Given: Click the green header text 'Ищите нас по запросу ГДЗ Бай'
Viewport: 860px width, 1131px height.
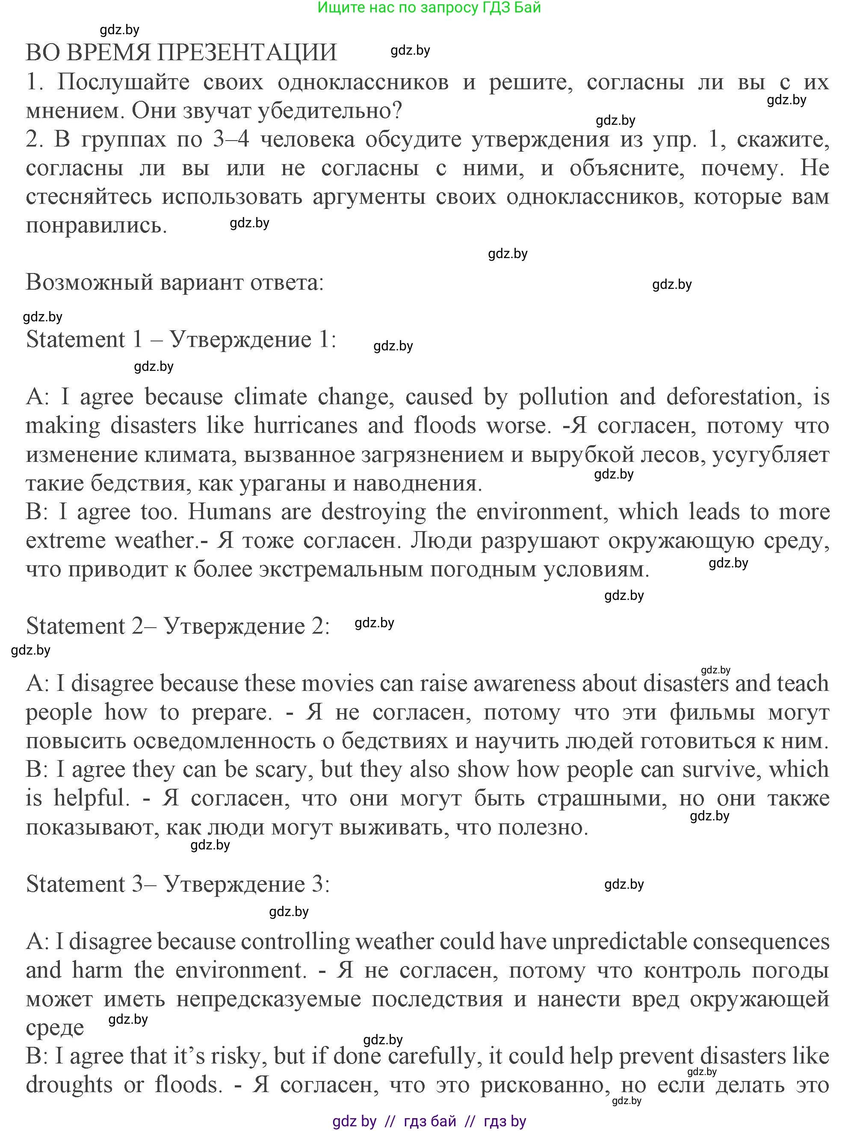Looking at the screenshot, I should (429, 8).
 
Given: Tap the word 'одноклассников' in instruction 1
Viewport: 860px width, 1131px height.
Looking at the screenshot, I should (363, 82).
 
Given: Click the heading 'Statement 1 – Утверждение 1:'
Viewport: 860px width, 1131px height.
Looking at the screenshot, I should (181, 340).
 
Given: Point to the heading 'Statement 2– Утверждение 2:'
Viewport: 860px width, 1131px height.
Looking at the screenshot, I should (177, 626).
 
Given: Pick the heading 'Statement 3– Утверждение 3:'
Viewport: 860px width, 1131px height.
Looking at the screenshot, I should (177, 884).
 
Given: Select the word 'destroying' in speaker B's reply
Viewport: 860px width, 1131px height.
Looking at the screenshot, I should (373, 511).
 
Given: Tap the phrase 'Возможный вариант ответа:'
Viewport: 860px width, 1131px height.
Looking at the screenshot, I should (174, 282).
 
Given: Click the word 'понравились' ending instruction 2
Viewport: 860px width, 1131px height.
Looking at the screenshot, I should (96, 225).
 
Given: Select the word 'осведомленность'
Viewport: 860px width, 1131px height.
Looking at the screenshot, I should (224, 741).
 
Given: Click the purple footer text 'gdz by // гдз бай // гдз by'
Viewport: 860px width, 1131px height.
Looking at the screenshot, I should (429, 1121).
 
